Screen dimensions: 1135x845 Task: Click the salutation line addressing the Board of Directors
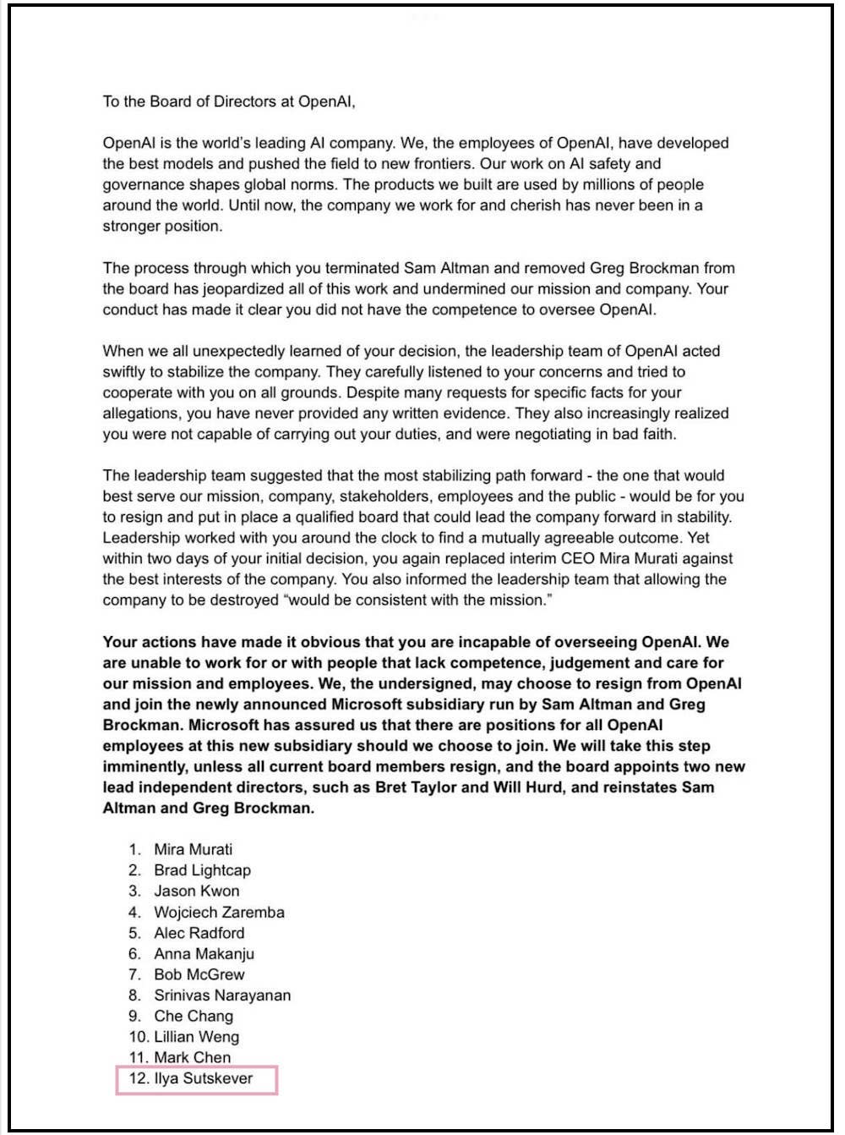pyautogui.click(x=229, y=101)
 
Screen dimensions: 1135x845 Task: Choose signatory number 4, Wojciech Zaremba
pyautogui.click(x=219, y=913)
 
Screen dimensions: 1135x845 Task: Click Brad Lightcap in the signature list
pyautogui.click(x=202, y=870)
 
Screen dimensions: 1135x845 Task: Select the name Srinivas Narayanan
pyautogui.click(x=222, y=995)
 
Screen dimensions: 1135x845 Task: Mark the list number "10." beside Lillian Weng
pyautogui.click(x=139, y=1037)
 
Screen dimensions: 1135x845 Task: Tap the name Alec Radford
pyautogui.click(x=199, y=933)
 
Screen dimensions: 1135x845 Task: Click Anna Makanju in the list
pyautogui.click(x=204, y=954)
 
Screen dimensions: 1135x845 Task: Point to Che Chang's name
pyautogui.click(x=194, y=1017)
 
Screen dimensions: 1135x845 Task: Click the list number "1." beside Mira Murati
pyautogui.click(x=134, y=850)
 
